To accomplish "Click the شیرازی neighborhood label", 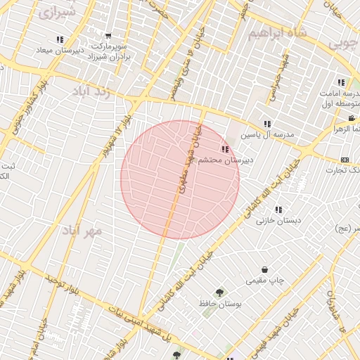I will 57,13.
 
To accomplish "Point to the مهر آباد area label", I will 82,231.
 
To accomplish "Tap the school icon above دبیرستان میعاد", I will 60,39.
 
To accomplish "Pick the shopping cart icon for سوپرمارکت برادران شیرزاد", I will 108,36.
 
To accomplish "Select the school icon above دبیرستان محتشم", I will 224,149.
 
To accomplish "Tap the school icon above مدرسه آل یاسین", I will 267,124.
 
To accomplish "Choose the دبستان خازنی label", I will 278,220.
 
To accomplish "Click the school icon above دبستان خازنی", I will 279,210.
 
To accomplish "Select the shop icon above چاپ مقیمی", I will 264,269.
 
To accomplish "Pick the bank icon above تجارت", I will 345,160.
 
